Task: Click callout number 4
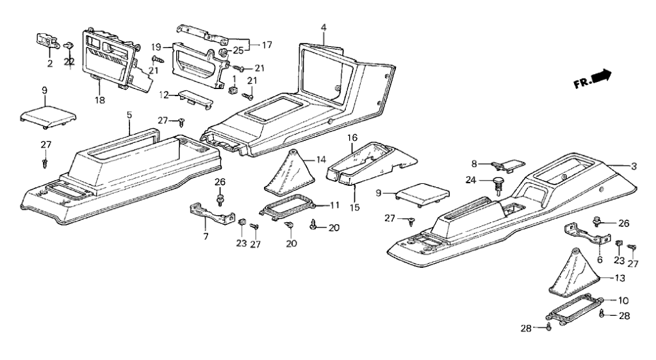pos(324,28)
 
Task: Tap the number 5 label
pos(129,115)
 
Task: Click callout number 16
pos(352,138)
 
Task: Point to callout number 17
pos(267,45)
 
